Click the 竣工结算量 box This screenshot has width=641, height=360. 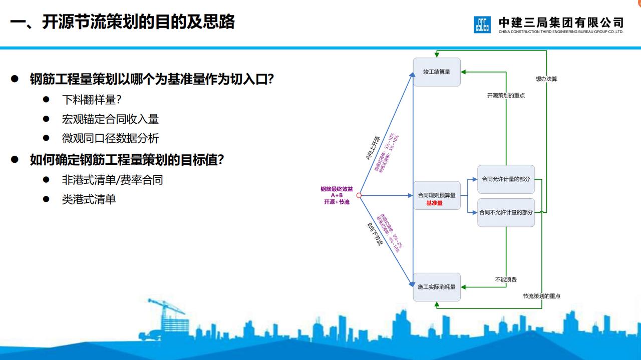coord(437,72)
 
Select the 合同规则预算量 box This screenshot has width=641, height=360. coord(437,195)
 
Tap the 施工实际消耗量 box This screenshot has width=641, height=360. coord(437,287)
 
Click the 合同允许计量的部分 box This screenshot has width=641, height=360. coord(506,179)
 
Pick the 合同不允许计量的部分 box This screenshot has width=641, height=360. coord(506,212)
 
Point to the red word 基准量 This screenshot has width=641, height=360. coord(434,203)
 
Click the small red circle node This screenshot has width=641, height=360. coord(359,195)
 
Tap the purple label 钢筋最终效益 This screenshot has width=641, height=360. coord(337,189)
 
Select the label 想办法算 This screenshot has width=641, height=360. coord(546,79)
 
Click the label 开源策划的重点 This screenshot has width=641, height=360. coord(506,95)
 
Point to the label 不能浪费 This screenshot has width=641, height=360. coord(506,279)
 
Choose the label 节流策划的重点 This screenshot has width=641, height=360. coord(541,296)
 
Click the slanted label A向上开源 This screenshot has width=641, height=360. coord(373,148)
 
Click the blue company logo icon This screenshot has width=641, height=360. coord(482,25)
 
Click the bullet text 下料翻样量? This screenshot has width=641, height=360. coord(92,99)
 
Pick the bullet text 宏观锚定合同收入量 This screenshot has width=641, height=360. coord(110,119)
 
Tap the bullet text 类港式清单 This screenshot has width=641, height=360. coord(89,199)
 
